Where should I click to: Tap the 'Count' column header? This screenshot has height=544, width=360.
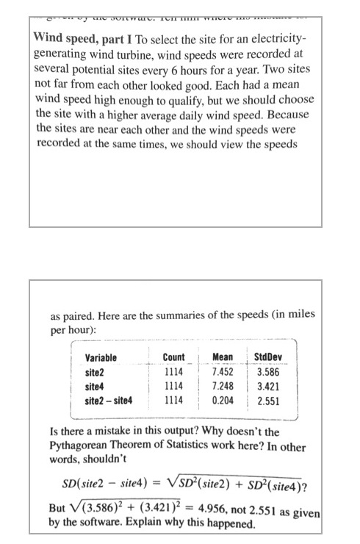(173, 358)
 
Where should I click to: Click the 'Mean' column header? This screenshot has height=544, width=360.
(222, 358)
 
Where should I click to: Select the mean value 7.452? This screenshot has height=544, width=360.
(222, 372)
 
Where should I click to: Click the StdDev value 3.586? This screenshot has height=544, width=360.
(267, 372)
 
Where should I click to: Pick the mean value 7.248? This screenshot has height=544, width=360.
(222, 386)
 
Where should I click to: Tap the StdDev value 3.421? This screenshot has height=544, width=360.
(267, 386)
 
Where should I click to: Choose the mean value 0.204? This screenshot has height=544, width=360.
(222, 401)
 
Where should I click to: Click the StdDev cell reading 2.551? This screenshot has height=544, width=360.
(267, 401)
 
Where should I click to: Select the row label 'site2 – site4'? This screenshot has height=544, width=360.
(108, 401)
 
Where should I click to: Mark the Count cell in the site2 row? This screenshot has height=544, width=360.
(173, 372)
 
